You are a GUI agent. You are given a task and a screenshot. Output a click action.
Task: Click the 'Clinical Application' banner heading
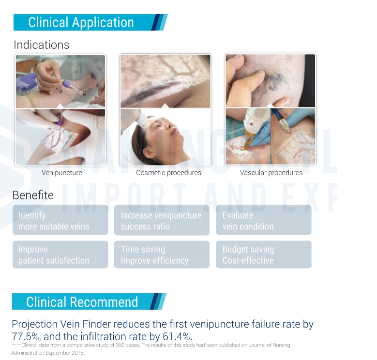click(x=81, y=22)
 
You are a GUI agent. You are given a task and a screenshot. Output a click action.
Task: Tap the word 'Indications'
click(x=41, y=45)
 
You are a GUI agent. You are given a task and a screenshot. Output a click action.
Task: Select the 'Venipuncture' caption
click(x=62, y=173)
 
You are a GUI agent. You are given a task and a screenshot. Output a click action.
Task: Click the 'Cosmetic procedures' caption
click(x=168, y=173)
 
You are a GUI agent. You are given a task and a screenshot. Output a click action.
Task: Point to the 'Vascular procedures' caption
click(x=271, y=173)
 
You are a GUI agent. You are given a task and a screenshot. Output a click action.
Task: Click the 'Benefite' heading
click(x=33, y=195)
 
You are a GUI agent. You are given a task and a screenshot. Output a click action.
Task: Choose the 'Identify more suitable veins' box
click(x=60, y=220)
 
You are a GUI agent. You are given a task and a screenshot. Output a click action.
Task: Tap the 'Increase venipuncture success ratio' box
click(x=162, y=220)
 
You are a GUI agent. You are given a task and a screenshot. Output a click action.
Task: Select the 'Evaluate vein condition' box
click(x=264, y=220)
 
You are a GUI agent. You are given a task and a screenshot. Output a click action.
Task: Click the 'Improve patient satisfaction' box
click(x=60, y=255)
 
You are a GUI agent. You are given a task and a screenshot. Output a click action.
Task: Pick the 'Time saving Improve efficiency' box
click(x=162, y=255)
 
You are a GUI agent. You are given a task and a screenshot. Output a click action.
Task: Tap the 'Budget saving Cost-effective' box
click(x=264, y=255)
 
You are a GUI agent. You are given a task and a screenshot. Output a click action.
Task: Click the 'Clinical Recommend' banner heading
click(x=82, y=302)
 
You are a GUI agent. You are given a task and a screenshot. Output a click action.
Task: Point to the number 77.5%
click(x=26, y=336)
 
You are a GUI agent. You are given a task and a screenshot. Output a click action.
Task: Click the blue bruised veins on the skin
click(x=274, y=81)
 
